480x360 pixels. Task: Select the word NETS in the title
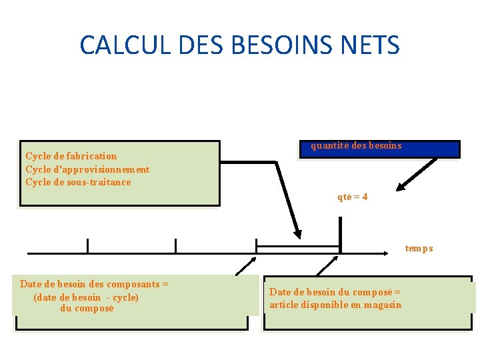tap(369, 45)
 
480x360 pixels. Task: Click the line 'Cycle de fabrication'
tap(71, 156)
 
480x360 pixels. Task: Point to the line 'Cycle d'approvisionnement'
tap(87, 169)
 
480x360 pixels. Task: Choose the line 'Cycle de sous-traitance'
tap(78, 182)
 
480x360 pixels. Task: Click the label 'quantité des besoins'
tap(356, 145)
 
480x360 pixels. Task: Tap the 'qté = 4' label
tap(353, 197)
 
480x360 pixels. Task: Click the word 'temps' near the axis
tap(419, 248)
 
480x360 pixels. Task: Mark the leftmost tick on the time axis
tap(87, 246)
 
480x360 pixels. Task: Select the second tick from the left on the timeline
tap(175, 246)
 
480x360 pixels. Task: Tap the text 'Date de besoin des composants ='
tap(94, 284)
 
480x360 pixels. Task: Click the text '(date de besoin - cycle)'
tap(86, 297)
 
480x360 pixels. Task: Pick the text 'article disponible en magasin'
tap(335, 305)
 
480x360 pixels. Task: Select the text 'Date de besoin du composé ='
tap(335, 291)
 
